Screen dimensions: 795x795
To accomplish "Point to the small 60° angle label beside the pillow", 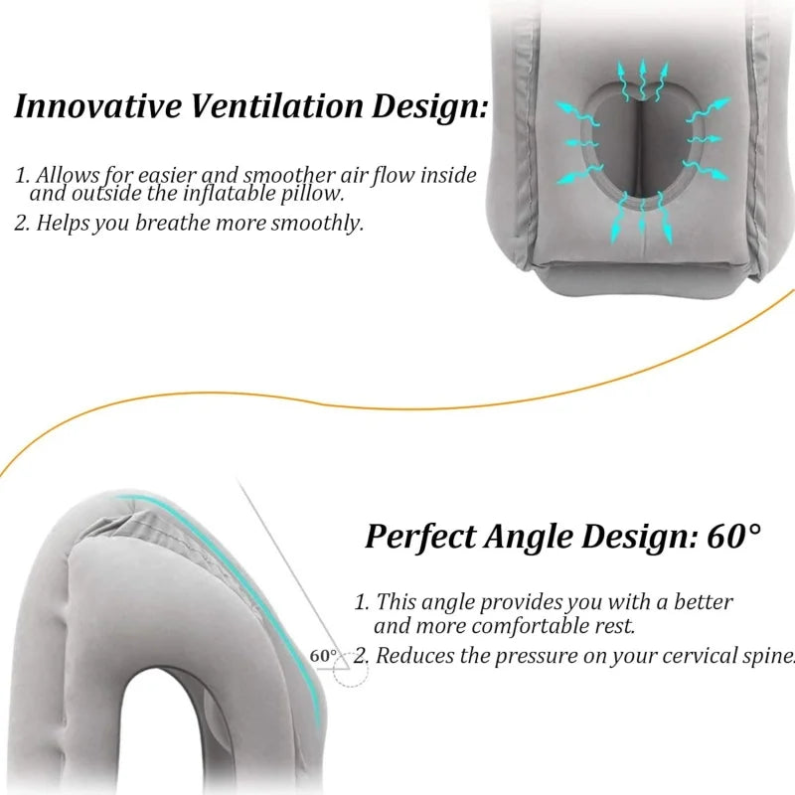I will point(323,656).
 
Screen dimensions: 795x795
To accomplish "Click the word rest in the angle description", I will point(614,627).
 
